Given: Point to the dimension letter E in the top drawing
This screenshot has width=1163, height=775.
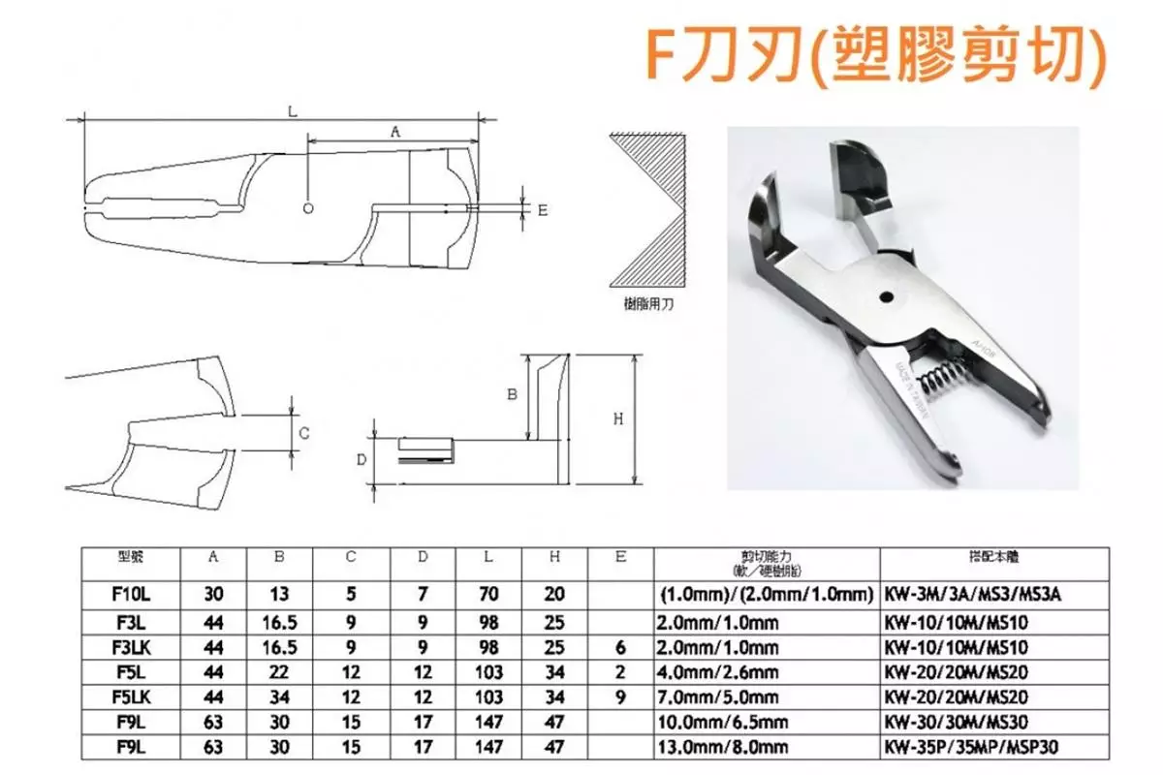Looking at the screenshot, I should [543, 209].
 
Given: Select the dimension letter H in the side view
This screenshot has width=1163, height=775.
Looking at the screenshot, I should [618, 418].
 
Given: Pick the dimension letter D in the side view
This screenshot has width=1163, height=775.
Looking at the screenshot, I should [361, 458].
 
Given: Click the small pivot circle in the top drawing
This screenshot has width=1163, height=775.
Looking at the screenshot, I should [307, 207].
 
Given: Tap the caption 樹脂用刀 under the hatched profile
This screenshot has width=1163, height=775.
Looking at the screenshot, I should [647, 303].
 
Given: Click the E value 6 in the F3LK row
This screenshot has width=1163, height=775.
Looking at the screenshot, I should [621, 645].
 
